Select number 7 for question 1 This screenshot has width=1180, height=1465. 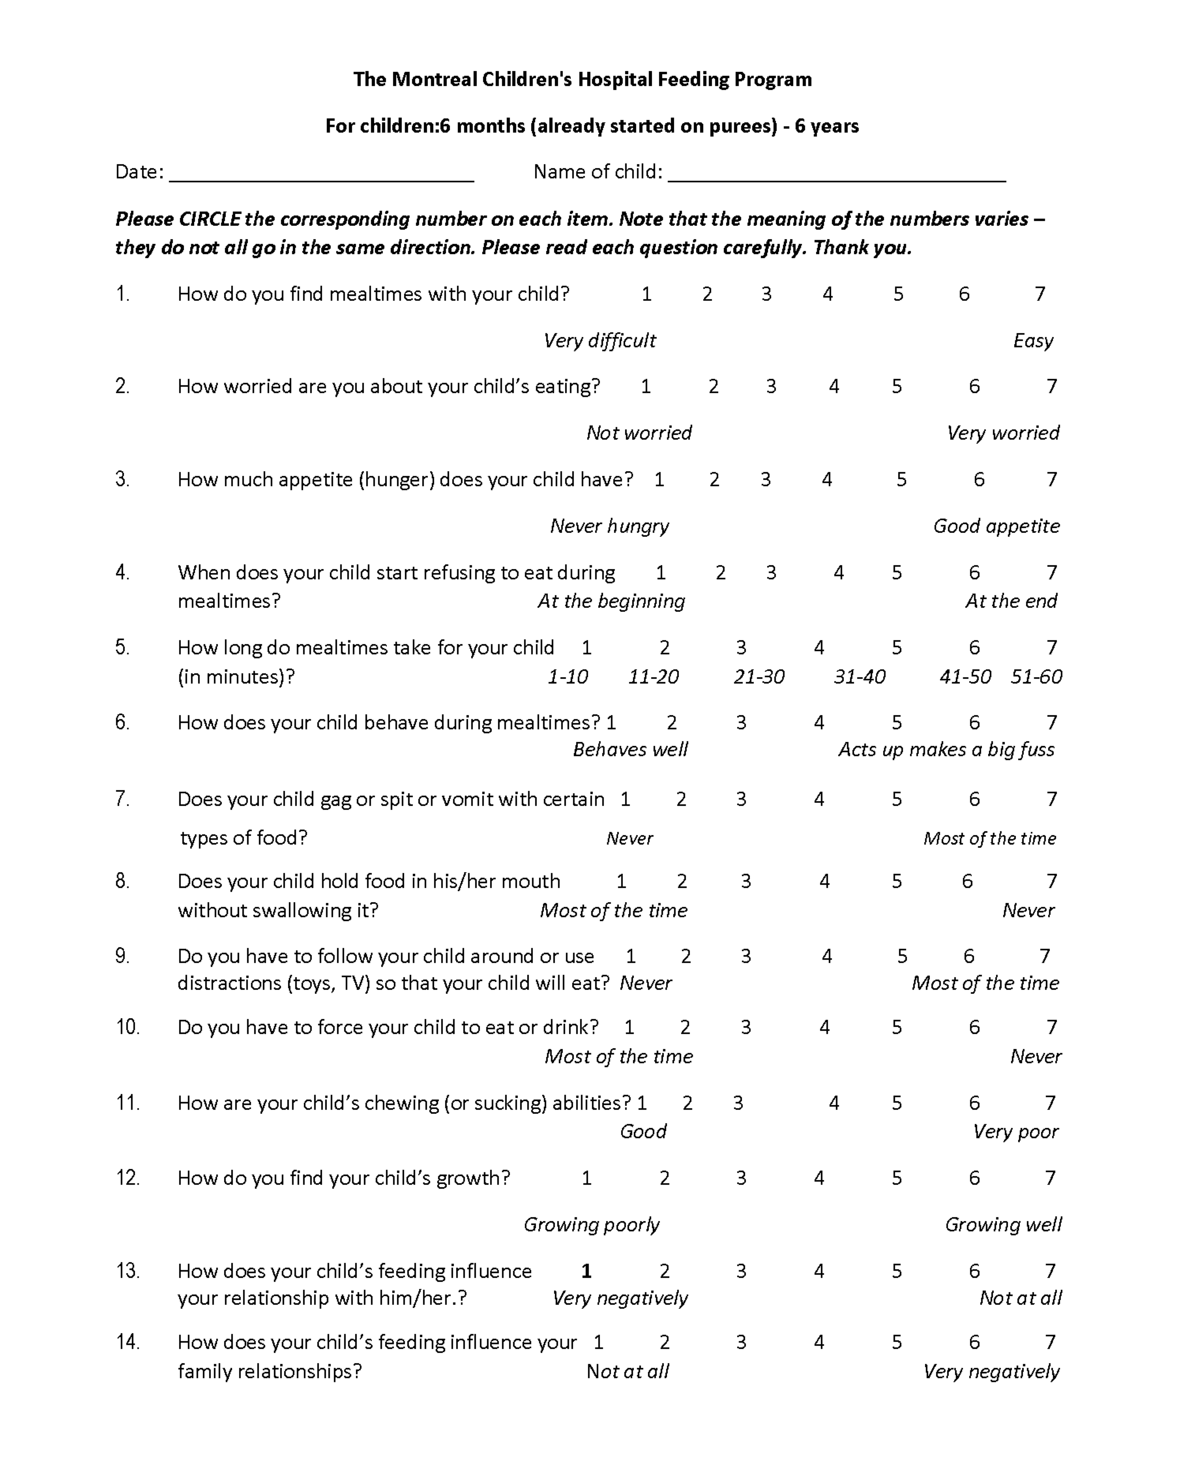[x=1039, y=294]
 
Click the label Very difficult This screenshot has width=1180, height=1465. [x=600, y=340]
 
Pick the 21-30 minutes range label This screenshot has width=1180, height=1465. [x=759, y=677]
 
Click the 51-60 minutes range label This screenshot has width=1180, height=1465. [x=1036, y=677]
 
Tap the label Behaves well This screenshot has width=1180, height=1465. [x=630, y=750]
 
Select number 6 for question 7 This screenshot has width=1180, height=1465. [x=974, y=800]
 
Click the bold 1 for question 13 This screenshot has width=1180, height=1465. [x=586, y=1271]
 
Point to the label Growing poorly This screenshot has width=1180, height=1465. [x=591, y=1225]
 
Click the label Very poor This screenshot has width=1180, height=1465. [x=1016, y=1132]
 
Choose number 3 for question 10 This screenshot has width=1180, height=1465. [x=746, y=1027]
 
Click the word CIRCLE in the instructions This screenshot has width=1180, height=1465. [x=209, y=220]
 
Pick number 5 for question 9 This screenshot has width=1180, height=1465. [x=902, y=956]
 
